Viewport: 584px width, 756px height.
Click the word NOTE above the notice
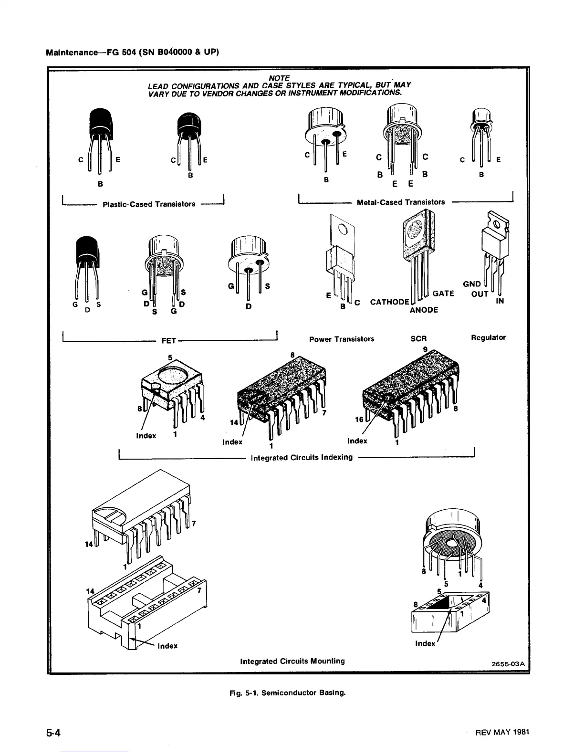click(x=279, y=77)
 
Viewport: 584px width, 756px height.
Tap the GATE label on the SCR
click(x=443, y=293)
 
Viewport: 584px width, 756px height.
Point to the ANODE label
click(x=424, y=310)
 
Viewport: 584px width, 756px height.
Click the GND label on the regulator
click(x=472, y=284)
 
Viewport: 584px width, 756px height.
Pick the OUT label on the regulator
click(x=480, y=294)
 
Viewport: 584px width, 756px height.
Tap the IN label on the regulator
click(x=500, y=301)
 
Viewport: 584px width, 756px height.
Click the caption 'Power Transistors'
click(x=342, y=339)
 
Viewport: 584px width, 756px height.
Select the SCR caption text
click(x=418, y=339)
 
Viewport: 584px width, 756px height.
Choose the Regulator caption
click(x=488, y=337)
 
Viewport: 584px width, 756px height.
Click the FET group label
click(x=169, y=341)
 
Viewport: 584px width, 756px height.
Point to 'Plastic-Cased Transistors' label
click(x=149, y=204)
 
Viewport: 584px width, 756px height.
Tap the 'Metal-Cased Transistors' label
click(x=401, y=202)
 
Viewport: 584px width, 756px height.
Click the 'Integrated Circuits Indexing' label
click(x=302, y=457)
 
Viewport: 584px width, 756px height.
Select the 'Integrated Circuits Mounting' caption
click(x=292, y=661)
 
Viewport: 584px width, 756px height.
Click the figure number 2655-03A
click(x=508, y=664)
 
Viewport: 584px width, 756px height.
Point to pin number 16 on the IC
click(x=359, y=419)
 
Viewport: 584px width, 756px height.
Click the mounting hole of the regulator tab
click(x=498, y=224)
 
